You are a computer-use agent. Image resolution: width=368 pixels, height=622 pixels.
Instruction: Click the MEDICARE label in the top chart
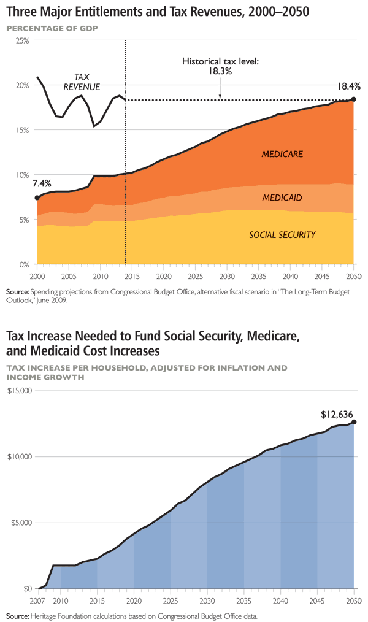click(x=282, y=154)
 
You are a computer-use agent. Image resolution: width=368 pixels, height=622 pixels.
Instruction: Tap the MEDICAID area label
click(x=282, y=198)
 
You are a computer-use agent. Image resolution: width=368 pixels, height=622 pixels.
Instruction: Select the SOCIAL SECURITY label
click(x=282, y=235)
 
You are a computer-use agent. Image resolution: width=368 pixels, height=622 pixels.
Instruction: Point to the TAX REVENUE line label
click(x=82, y=82)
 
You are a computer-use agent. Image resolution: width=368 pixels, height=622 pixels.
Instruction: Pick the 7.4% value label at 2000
click(x=42, y=183)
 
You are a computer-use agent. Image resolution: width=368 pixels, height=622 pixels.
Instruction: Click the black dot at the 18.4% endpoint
click(x=353, y=99)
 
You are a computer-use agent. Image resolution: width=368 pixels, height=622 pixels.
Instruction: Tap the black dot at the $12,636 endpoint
click(x=354, y=422)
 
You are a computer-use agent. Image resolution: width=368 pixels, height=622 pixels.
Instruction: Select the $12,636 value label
click(x=337, y=415)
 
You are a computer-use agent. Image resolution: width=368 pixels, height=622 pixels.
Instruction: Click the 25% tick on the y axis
click(x=21, y=40)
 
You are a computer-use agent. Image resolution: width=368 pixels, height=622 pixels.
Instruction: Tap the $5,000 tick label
click(x=21, y=523)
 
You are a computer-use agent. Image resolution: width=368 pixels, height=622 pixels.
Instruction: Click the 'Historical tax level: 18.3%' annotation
click(x=220, y=66)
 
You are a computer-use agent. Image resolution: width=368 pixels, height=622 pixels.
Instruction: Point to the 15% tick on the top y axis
click(x=21, y=130)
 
